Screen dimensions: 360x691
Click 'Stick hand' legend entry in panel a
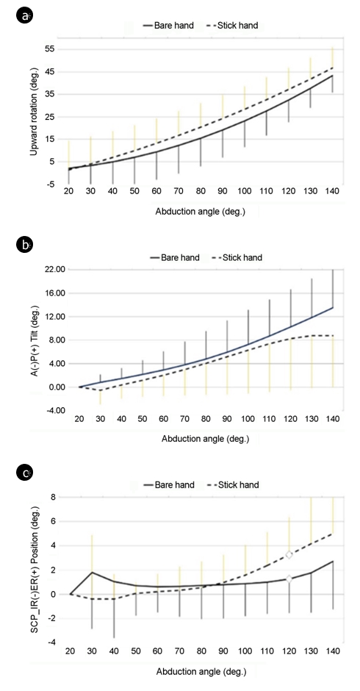point(233,26)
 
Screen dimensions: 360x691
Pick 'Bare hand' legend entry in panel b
point(175,257)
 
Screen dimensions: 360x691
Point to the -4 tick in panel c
point(51,643)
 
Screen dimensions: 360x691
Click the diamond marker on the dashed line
point(289,554)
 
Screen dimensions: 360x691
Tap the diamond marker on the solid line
point(289,579)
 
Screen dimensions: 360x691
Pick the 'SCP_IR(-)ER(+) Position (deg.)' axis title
point(34,569)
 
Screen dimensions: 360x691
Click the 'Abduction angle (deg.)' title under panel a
point(200,211)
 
